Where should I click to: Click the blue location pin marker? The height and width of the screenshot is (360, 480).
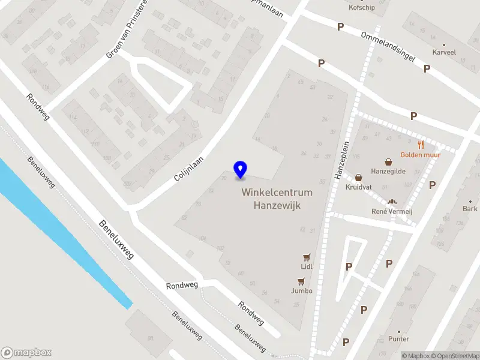pyautogui.click(x=241, y=169)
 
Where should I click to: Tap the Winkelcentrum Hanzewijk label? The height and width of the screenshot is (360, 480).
pyautogui.click(x=277, y=199)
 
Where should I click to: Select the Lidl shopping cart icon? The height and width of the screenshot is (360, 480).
pyautogui.click(x=307, y=256)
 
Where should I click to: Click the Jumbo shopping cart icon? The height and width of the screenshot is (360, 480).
pyautogui.click(x=301, y=281)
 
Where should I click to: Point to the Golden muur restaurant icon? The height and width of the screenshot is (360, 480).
pyautogui.click(x=421, y=145)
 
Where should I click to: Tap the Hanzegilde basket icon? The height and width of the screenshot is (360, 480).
pyautogui.click(x=389, y=161)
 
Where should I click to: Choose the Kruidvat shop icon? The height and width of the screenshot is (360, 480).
pyautogui.click(x=359, y=178)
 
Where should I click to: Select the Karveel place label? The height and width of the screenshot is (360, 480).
pyautogui.click(x=444, y=52)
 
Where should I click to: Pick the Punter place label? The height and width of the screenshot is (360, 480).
pyautogui.click(x=398, y=339)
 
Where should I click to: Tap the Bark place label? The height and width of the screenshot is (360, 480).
pyautogui.click(x=470, y=209)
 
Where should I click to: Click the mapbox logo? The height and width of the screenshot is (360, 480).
pyautogui.click(x=26, y=353)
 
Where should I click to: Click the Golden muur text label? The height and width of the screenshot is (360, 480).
pyautogui.click(x=421, y=155)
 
